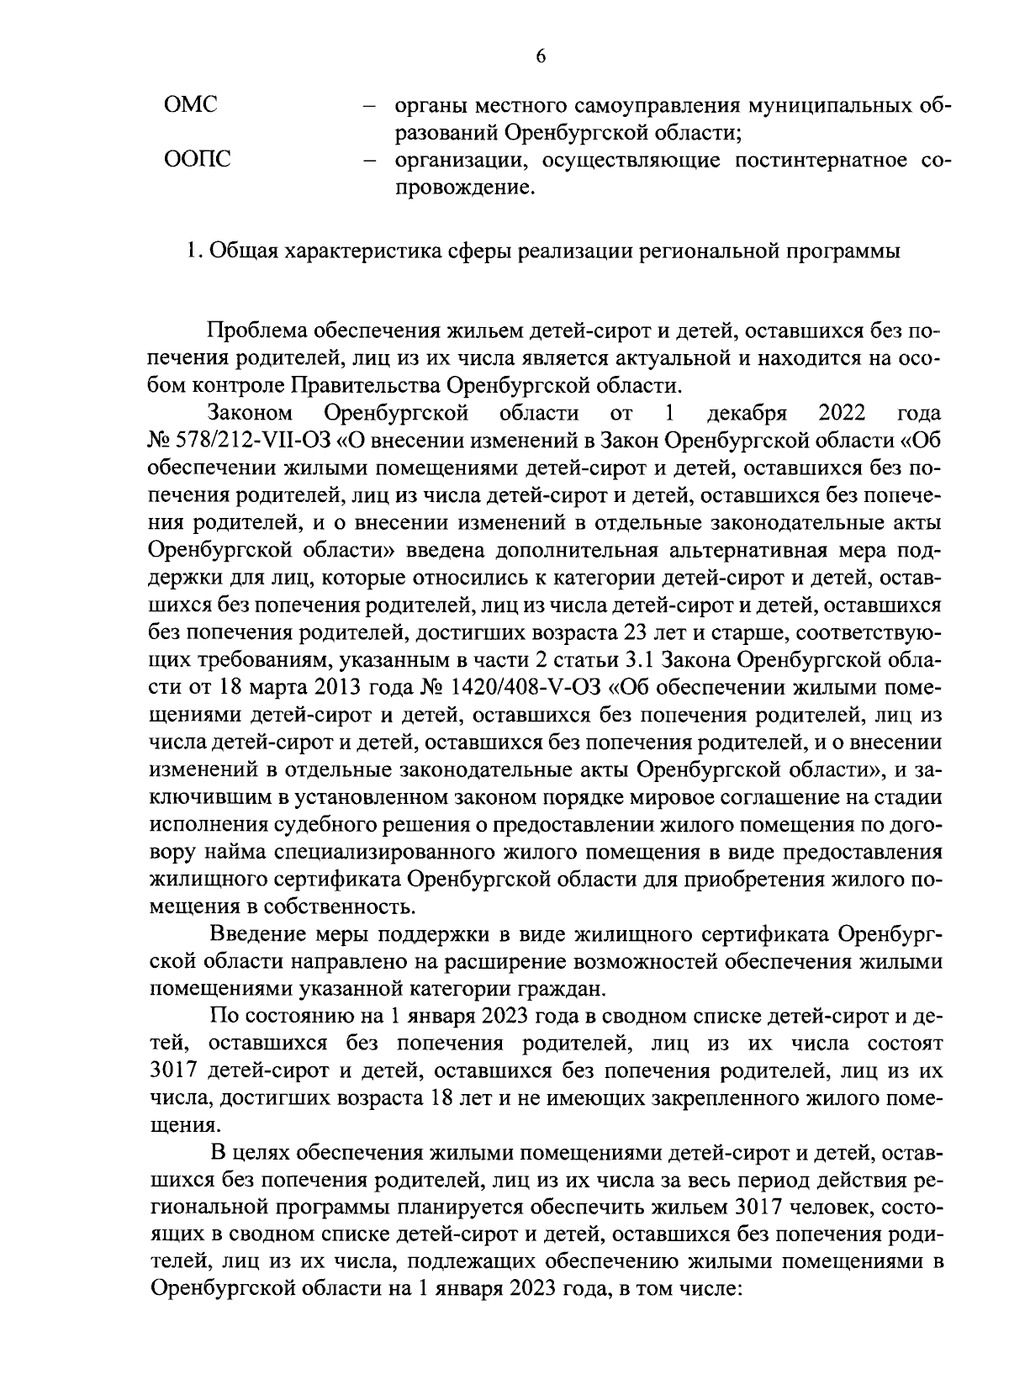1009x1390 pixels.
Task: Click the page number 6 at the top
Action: point(541,55)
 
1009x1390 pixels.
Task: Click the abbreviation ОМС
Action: point(189,106)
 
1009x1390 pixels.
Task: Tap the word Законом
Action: point(250,413)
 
